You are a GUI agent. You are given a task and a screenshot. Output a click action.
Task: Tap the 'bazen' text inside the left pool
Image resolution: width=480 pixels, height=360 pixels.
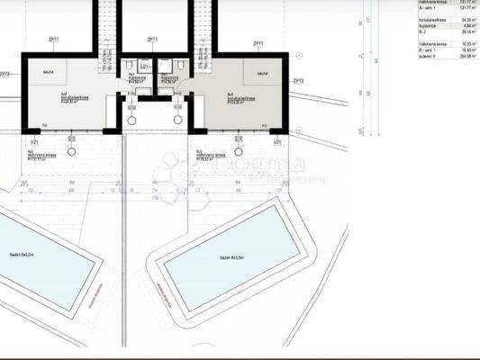pyautogui.click(x=21, y=256)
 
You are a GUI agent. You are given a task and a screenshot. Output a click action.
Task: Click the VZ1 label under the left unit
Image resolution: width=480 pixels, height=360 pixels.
pyautogui.click(x=34, y=142)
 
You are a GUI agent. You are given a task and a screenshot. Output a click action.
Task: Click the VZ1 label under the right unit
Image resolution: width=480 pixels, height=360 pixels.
pyautogui.click(x=277, y=142)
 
